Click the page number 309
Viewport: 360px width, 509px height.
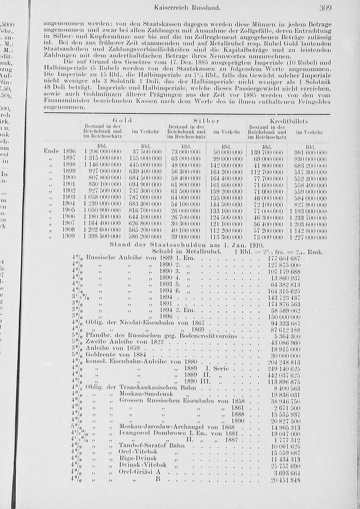point(325,8)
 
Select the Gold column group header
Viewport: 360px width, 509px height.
point(123,120)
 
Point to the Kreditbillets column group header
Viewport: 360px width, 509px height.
point(289,121)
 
